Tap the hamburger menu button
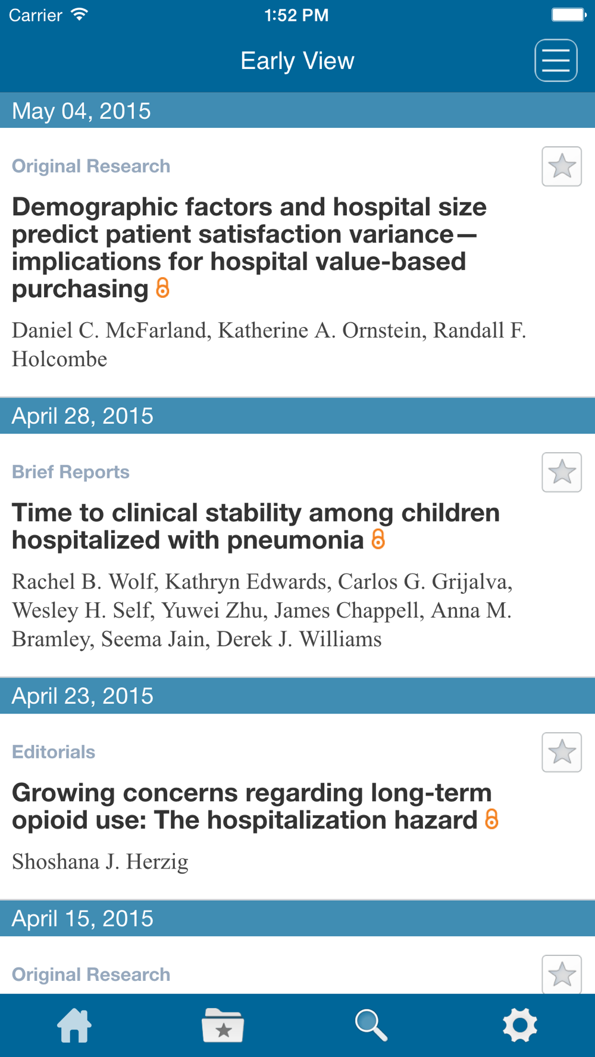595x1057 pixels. [556, 61]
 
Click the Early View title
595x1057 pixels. [297, 61]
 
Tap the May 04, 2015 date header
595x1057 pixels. [82, 111]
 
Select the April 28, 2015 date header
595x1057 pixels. [83, 416]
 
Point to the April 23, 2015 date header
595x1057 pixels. [83, 696]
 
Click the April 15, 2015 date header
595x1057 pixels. [83, 918]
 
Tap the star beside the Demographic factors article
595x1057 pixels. [562, 166]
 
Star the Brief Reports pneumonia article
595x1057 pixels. [562, 473]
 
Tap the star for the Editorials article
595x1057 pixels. [562, 753]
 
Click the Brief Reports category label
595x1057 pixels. [71, 472]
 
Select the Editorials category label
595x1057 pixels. [54, 752]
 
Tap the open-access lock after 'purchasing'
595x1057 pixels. [162, 288]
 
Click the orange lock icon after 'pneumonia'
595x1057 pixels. [378, 540]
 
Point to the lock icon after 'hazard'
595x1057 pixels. [491, 820]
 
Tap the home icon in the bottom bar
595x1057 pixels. [74, 1025]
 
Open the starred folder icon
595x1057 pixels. [223, 1025]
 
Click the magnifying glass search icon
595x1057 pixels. [371, 1025]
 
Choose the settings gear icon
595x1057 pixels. [520, 1025]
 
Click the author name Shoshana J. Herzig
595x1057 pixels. [100, 861]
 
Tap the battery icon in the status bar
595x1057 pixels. [569, 15]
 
